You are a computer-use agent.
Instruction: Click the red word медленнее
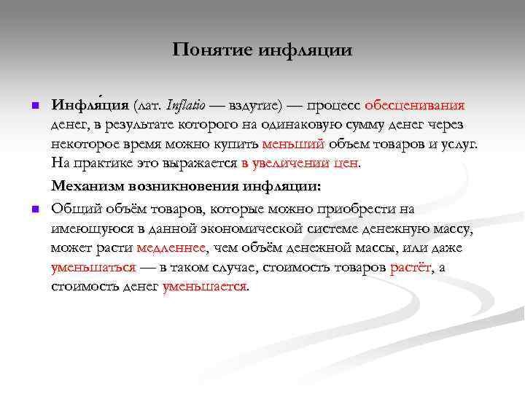point(171,248)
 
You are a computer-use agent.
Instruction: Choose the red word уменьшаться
point(93,267)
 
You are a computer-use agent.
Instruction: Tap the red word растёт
point(411,267)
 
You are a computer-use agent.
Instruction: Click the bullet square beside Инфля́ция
point(33,106)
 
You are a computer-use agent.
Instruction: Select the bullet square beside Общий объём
point(33,211)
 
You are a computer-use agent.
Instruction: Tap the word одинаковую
point(300,124)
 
